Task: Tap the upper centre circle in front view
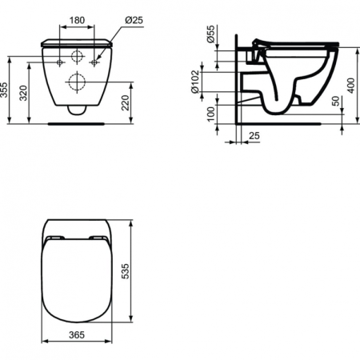78,58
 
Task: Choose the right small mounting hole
95,61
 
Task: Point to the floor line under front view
78,123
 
